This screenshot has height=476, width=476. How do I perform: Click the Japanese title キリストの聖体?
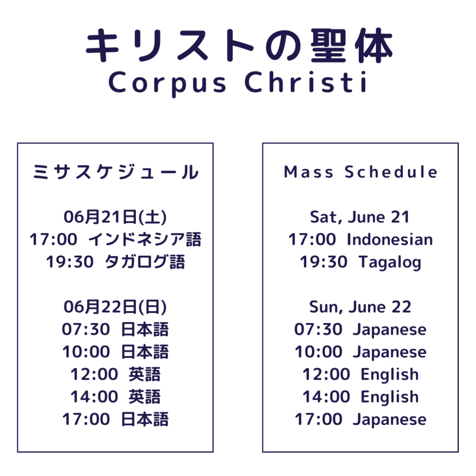239,46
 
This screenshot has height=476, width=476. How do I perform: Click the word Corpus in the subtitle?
167,84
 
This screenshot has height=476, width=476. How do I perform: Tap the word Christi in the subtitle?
306,82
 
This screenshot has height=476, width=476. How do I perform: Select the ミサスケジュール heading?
115,172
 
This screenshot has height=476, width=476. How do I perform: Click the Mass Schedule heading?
360,172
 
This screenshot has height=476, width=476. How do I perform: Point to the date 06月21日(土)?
115,217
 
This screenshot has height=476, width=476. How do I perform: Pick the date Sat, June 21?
360,218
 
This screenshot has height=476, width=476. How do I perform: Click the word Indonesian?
390,239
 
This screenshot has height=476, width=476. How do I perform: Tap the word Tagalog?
390,262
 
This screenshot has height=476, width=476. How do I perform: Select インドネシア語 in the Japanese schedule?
145,239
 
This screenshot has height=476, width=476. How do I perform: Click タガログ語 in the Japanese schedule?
145,262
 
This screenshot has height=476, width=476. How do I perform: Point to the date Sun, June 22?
360,307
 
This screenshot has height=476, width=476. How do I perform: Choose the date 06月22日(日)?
115,307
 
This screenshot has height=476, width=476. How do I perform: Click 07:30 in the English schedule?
318,330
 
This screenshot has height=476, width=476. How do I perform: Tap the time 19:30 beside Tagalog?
324,262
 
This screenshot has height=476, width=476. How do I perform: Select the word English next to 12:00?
390,374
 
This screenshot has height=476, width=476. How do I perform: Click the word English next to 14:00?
390,397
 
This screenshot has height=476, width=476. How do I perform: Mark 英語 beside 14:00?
145,397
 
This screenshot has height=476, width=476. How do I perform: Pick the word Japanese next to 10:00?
390,352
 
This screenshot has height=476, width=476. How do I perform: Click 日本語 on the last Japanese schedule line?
145,419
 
